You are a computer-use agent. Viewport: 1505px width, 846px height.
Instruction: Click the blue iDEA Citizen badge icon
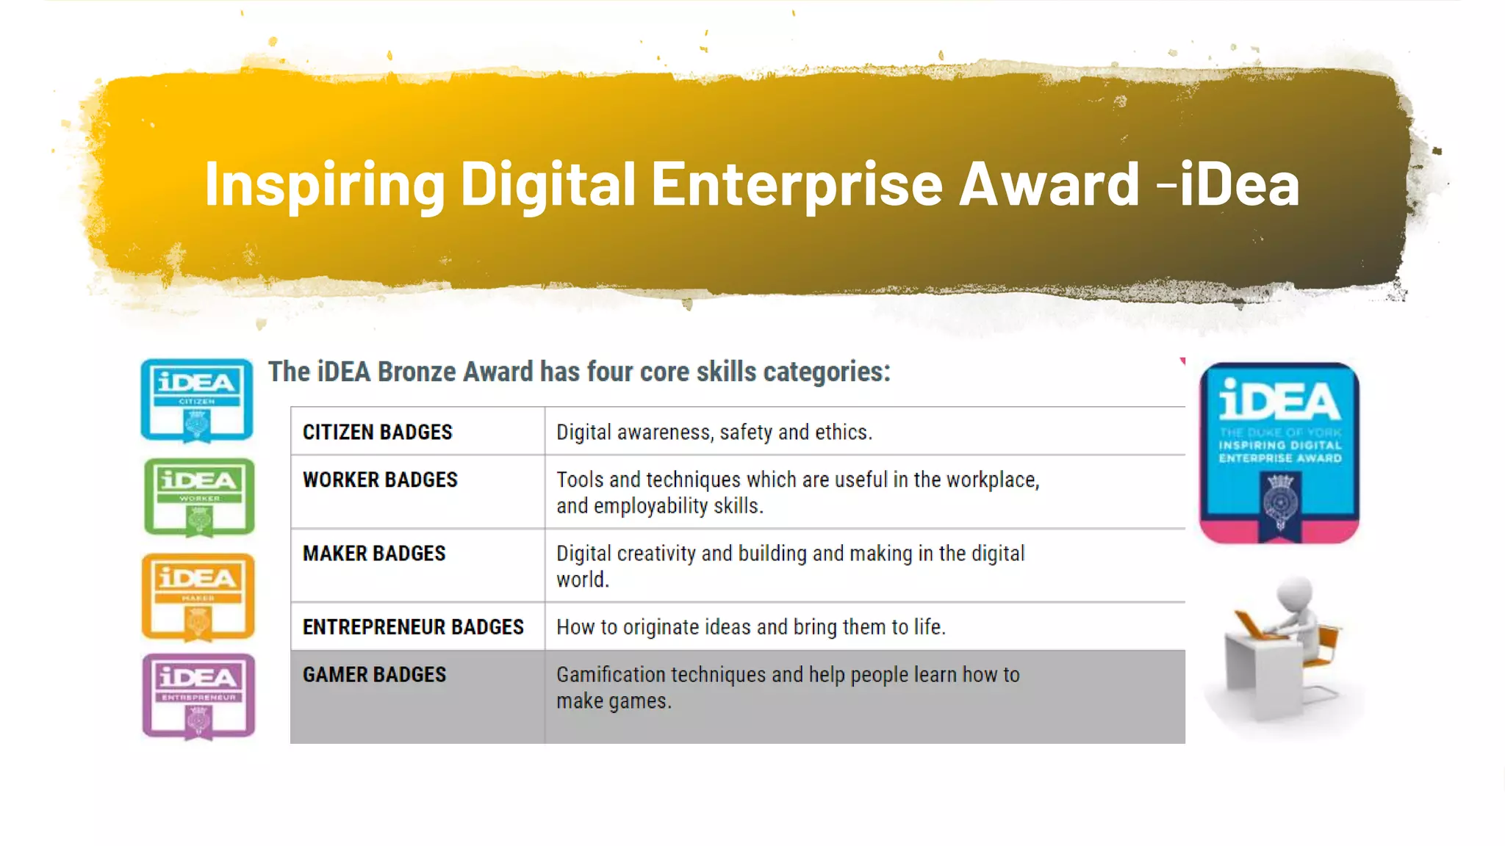coord(197,400)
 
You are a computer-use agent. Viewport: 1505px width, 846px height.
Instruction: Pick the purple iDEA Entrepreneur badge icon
coord(198,696)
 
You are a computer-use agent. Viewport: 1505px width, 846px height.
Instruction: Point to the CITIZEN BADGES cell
coord(378,432)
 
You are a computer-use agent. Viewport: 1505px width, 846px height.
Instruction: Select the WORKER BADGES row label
coord(380,480)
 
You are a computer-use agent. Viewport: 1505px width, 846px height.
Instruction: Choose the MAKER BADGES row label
coord(374,554)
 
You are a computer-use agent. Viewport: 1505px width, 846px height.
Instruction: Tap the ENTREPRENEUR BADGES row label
coord(413,627)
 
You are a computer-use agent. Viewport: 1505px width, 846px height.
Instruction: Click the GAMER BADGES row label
coord(374,675)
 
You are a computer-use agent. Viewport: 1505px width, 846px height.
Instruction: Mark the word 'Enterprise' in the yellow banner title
coord(797,184)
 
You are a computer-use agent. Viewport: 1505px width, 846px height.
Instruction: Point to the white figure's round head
coord(1296,596)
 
